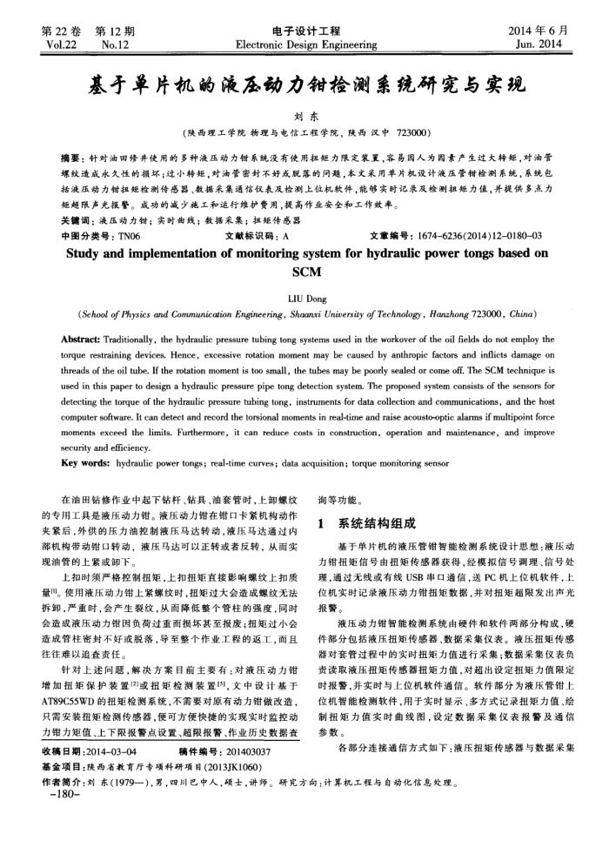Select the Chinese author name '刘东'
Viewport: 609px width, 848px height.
pos(304,116)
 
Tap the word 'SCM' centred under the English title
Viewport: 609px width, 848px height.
pos(304,271)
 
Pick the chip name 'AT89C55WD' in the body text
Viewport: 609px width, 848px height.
pos(74,674)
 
